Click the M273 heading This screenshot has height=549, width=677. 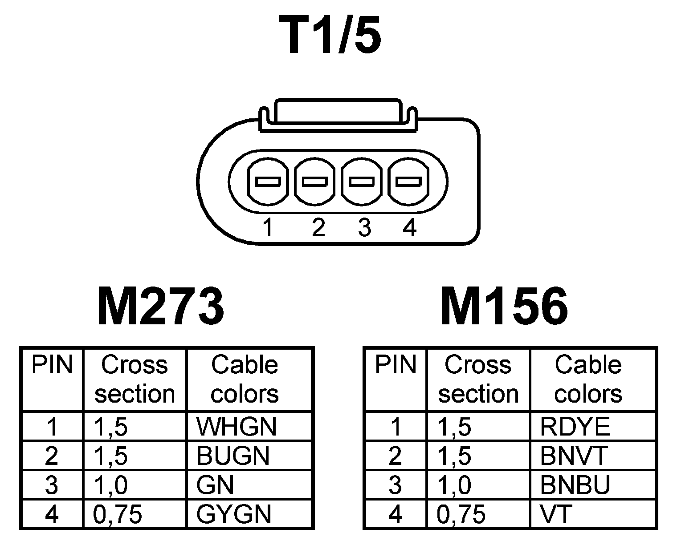(160, 307)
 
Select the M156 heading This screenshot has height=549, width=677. (504, 307)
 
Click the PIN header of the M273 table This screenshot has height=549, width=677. (52, 365)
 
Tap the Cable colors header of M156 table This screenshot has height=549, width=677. (588, 379)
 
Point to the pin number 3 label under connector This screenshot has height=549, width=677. (364, 228)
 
